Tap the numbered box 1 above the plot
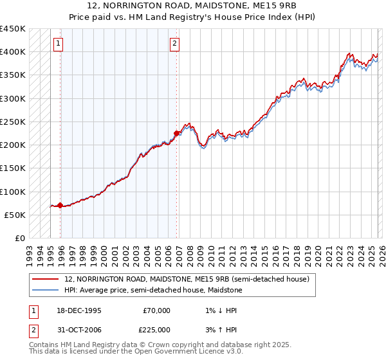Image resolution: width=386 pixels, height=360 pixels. point(59,44)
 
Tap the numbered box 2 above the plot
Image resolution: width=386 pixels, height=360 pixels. point(174,44)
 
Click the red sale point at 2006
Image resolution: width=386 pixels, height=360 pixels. point(176,133)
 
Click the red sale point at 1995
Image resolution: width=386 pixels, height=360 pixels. point(60,206)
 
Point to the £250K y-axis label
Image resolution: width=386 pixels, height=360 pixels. point(13,122)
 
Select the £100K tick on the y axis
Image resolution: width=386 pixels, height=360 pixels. point(13,192)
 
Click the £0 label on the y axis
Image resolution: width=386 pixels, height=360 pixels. point(19,239)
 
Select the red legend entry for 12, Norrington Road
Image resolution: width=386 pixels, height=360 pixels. point(187,280)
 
